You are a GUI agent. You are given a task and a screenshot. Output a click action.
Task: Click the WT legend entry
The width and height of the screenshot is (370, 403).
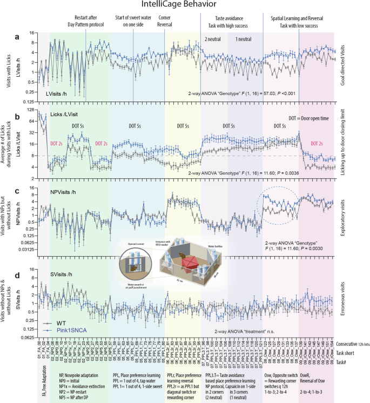click(x=54, y=321)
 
